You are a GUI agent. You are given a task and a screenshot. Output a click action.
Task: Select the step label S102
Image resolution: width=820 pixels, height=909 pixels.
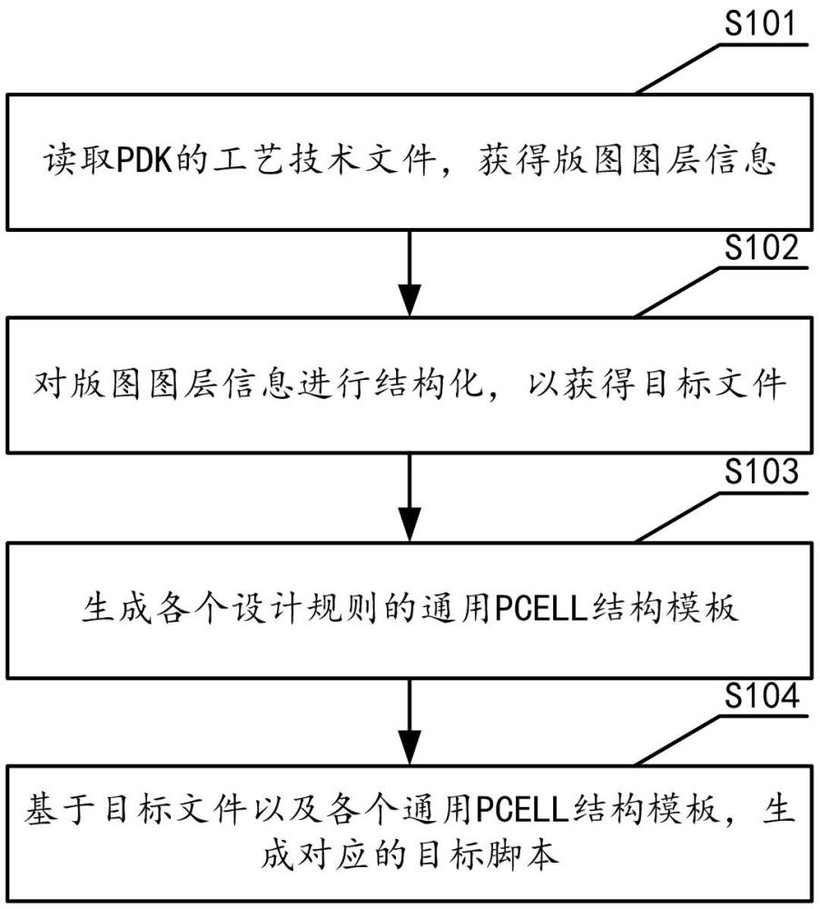tap(761, 248)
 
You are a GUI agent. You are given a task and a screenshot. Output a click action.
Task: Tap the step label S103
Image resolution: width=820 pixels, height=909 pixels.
tap(761, 473)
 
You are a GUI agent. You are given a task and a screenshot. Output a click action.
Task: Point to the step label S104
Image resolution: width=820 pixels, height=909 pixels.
tap(761, 697)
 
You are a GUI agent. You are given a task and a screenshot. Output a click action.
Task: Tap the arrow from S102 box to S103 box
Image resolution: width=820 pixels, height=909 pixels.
tap(410, 495)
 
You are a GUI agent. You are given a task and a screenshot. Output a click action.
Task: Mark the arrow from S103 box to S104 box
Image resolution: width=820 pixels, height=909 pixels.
tap(410, 720)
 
